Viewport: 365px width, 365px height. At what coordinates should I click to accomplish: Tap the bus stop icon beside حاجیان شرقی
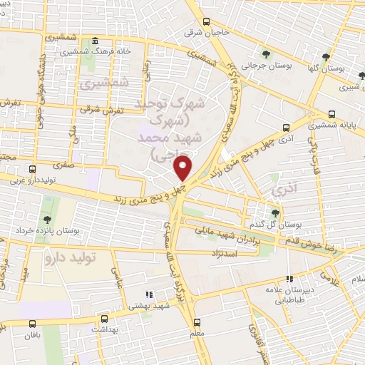click(x=205, y=22)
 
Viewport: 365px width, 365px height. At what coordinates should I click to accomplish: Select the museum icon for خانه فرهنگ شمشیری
click(x=96, y=41)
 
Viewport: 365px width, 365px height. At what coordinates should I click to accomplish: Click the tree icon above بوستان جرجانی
click(x=266, y=54)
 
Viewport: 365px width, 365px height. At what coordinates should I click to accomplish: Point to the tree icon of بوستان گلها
click(x=327, y=56)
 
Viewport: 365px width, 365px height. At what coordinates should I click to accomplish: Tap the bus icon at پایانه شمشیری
click(x=331, y=114)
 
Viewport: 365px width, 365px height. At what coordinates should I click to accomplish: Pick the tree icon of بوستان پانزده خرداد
click(x=47, y=220)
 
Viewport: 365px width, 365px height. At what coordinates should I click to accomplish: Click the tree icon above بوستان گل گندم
click(x=276, y=212)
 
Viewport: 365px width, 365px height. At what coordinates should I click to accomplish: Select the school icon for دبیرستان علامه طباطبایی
click(x=289, y=279)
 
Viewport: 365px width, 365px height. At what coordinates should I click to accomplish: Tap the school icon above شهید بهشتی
click(x=148, y=294)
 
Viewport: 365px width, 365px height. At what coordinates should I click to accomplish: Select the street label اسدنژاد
click(x=222, y=253)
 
